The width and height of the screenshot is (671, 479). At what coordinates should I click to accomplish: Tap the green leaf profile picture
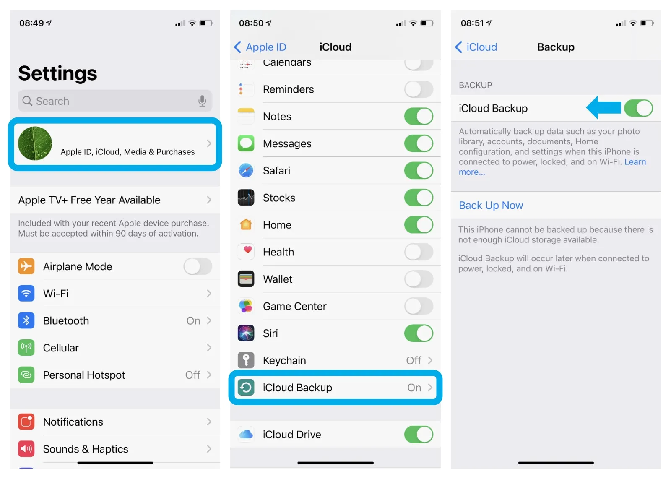35,143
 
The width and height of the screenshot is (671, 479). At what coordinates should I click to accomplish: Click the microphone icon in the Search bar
202,101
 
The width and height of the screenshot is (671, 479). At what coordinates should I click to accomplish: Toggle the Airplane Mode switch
198,266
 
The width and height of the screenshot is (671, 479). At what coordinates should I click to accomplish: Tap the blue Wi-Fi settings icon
26,293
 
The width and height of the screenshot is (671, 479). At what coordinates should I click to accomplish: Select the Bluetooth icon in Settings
26,320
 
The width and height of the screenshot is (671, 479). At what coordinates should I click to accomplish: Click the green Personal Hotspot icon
26,375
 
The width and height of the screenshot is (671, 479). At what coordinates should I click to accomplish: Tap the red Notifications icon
26,422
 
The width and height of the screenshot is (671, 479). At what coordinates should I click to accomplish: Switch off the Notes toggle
419,116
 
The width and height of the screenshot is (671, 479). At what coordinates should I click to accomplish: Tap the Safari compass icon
246,170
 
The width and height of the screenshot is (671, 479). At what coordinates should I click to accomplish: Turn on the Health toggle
419,252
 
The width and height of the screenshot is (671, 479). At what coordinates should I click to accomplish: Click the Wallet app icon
246,279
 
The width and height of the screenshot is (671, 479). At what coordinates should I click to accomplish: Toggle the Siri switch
419,333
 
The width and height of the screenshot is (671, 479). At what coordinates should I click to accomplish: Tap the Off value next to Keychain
414,360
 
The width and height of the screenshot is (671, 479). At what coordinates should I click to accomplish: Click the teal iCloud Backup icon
246,388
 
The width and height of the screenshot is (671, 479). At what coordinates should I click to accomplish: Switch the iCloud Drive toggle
419,435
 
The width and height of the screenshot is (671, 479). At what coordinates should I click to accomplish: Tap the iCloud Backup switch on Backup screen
638,108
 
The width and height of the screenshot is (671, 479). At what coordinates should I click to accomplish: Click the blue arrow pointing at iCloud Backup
603,107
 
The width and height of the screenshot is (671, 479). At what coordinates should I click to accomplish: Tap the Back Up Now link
491,205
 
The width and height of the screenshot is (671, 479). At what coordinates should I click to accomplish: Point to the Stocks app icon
246,198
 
